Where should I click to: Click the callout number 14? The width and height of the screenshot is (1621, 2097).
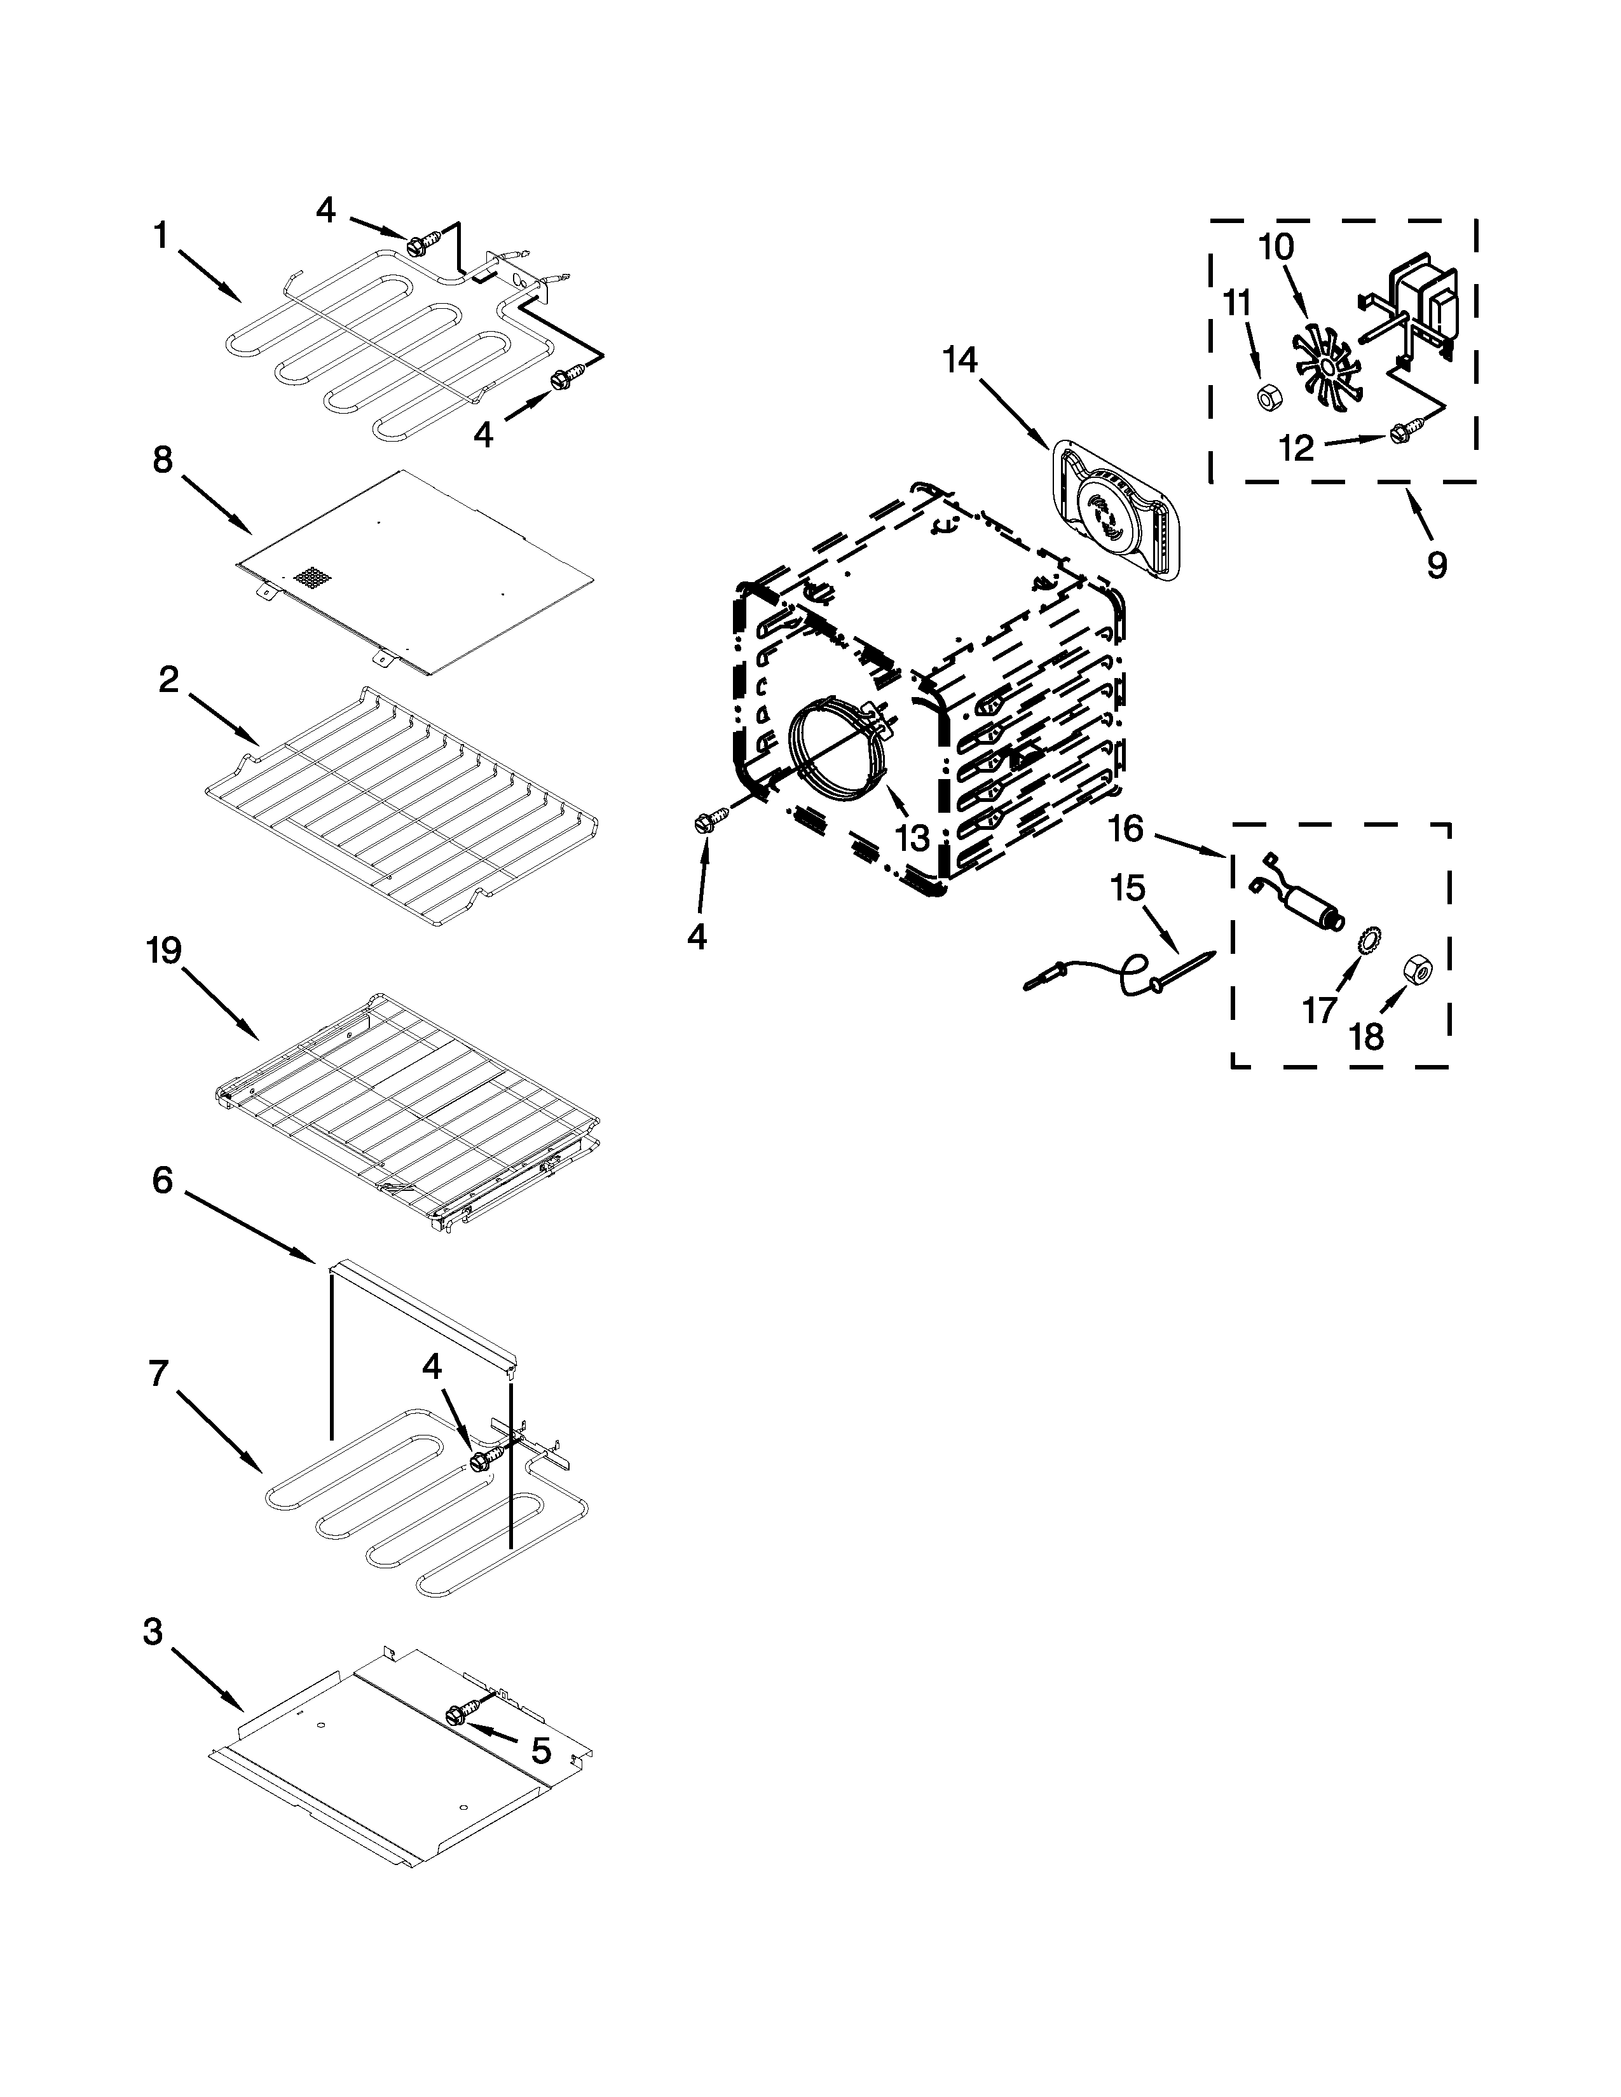[x=959, y=360]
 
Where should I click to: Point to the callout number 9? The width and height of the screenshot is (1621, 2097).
[x=1435, y=564]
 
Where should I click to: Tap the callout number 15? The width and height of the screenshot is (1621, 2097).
[x=1128, y=888]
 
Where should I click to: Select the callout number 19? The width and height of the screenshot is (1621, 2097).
[x=163, y=951]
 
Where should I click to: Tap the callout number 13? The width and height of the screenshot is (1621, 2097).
[x=912, y=838]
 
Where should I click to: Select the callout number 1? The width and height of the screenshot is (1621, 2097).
[x=160, y=234]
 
